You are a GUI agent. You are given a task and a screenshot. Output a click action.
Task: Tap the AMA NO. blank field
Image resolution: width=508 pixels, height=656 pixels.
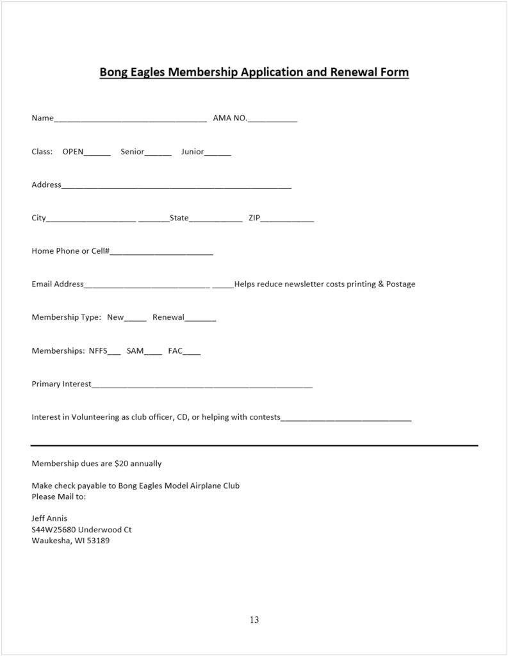click(x=272, y=119)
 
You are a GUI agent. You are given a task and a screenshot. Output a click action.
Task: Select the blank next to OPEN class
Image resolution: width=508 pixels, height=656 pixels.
click(x=97, y=153)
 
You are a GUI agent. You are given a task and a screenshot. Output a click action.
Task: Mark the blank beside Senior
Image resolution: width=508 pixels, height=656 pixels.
click(x=158, y=153)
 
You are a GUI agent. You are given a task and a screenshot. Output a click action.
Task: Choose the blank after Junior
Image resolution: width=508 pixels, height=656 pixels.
click(x=218, y=153)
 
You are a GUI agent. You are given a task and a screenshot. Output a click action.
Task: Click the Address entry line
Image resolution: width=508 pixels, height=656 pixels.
click(x=176, y=186)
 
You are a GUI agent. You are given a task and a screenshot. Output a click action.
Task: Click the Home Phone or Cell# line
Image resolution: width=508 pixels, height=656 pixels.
click(x=161, y=252)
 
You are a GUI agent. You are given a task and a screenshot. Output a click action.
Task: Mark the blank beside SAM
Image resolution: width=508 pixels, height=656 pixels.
click(x=153, y=352)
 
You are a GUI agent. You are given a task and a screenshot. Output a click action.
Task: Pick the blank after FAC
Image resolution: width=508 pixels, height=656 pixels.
click(x=192, y=352)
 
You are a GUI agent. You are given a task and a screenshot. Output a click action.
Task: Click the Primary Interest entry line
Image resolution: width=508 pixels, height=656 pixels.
click(x=202, y=386)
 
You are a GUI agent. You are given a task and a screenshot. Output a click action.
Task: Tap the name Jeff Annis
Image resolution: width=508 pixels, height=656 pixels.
click(x=49, y=518)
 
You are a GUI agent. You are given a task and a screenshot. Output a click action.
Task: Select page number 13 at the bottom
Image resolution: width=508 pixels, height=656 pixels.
click(x=254, y=619)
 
